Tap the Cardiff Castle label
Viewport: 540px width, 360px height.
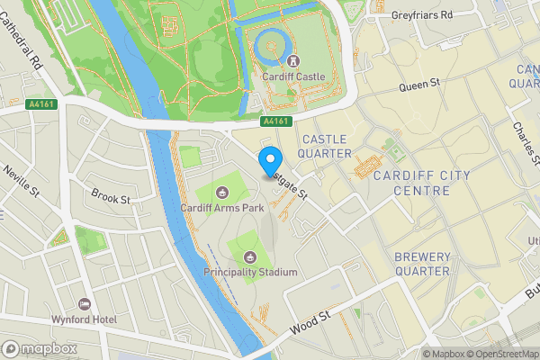pos(293,76)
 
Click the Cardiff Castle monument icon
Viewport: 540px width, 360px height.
pos(293,60)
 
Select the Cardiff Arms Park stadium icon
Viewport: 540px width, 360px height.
pos(223,191)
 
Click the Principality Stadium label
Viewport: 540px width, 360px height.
pos(250,272)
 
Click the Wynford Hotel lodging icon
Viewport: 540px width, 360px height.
pos(85,304)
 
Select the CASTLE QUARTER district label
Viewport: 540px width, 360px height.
pos(327,146)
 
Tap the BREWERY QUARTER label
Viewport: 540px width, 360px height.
pos(422,264)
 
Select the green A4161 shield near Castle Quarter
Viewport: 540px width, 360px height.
pos(277,121)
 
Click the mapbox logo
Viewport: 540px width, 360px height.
pos(40,348)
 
